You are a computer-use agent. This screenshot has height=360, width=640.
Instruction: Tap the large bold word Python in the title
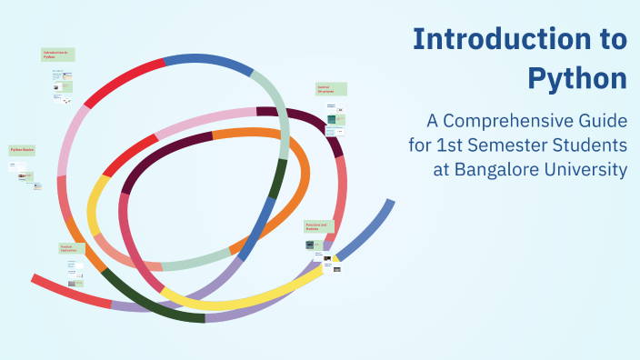tap(577, 78)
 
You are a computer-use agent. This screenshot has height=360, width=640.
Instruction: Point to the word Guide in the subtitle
tap(602, 120)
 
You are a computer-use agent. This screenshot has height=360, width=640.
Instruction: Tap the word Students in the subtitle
tap(594, 145)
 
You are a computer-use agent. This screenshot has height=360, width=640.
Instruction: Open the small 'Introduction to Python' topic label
tap(57, 55)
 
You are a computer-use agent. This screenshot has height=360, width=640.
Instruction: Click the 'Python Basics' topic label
tap(22, 150)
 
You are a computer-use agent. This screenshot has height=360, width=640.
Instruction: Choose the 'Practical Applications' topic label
tap(72, 247)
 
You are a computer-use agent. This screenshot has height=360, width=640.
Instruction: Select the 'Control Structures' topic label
tap(331, 90)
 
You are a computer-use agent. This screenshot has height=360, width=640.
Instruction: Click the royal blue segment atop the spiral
tap(207, 62)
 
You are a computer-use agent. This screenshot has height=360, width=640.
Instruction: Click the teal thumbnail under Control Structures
tap(333, 119)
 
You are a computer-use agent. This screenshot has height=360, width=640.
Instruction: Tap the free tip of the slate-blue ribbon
tap(390, 204)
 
